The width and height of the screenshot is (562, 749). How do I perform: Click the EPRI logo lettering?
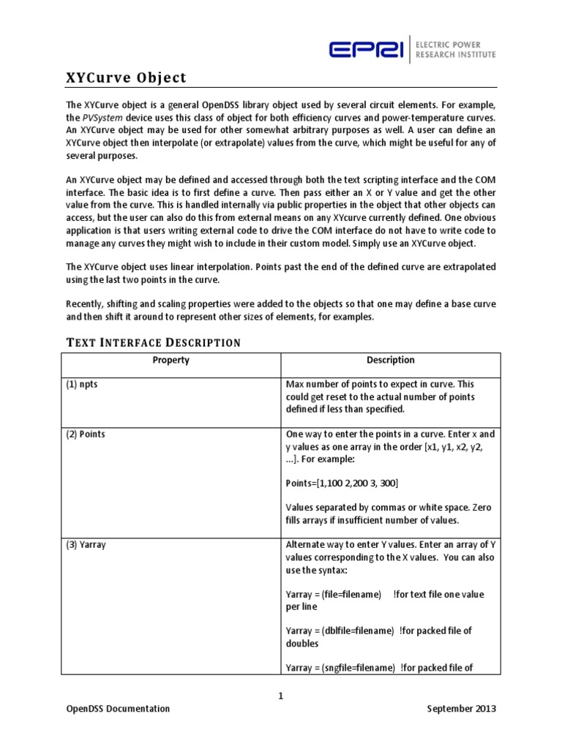(x=364, y=49)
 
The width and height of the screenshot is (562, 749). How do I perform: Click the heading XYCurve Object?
(x=127, y=78)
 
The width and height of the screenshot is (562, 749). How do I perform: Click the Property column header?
(x=171, y=360)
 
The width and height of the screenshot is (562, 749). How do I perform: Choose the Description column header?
(x=390, y=360)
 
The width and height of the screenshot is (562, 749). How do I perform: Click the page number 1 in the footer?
(x=280, y=696)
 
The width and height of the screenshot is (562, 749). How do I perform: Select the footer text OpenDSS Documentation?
(x=118, y=709)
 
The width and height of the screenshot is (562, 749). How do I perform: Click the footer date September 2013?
(x=462, y=709)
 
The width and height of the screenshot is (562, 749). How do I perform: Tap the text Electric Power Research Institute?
(x=455, y=49)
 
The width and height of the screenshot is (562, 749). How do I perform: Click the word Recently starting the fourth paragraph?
(x=86, y=304)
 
